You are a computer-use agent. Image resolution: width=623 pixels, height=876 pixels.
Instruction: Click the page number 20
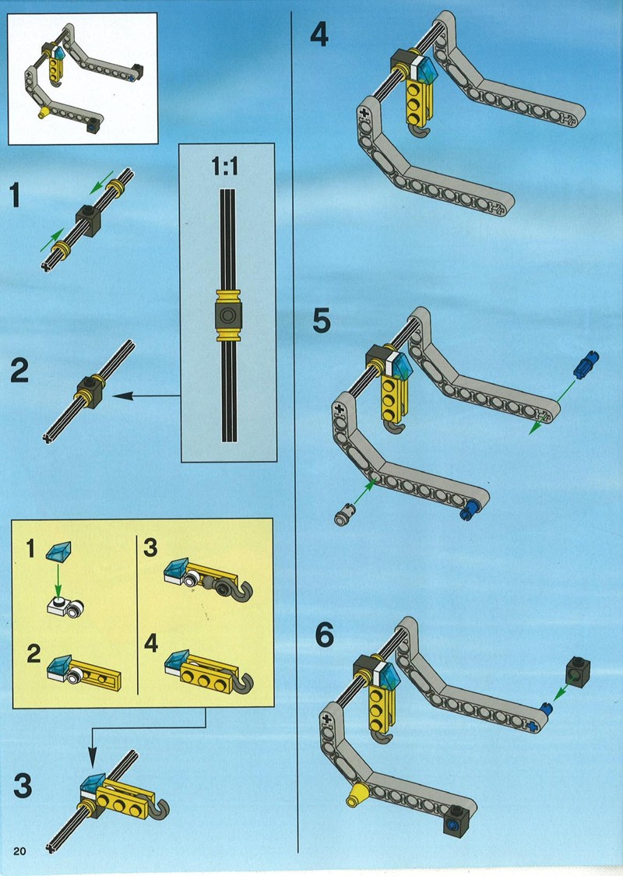[x=19, y=851]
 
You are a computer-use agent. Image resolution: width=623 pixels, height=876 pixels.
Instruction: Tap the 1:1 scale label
[x=224, y=166]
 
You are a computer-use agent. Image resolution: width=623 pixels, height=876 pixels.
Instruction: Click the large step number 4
[x=319, y=35]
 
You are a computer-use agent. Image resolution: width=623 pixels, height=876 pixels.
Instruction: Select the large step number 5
[x=322, y=321]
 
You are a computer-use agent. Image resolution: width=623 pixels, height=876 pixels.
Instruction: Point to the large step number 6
[x=324, y=635]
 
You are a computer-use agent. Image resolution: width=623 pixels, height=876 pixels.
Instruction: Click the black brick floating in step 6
[x=578, y=672]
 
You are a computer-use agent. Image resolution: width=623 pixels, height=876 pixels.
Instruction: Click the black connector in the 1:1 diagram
[x=227, y=315]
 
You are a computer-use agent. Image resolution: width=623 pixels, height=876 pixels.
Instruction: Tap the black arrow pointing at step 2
[x=146, y=396]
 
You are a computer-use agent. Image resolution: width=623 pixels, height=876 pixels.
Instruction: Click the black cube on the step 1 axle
[x=88, y=220]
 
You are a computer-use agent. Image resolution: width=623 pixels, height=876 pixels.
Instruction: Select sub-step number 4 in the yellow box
[x=151, y=643]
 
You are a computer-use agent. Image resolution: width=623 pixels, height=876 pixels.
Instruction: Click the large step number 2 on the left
[x=19, y=371]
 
